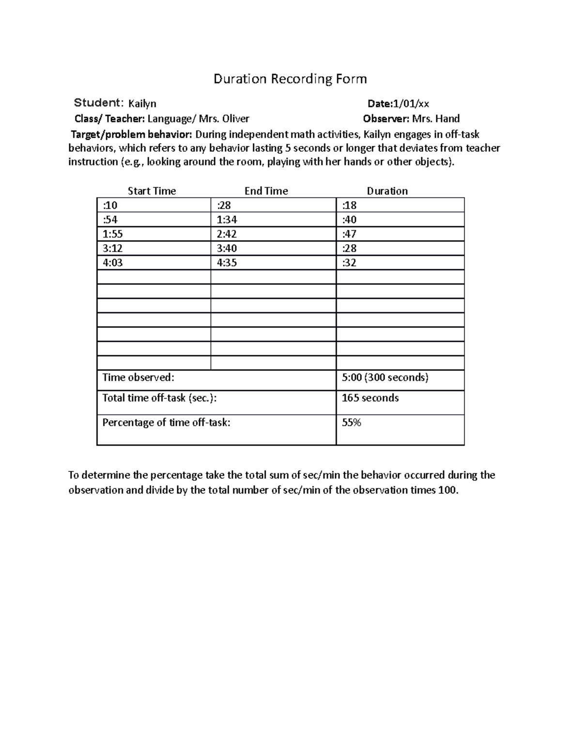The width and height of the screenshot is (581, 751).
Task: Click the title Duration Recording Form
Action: (290, 79)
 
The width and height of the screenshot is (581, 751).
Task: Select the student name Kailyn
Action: (142, 103)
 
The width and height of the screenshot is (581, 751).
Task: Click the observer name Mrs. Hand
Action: (435, 118)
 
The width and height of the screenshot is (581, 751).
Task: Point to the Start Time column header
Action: (152, 191)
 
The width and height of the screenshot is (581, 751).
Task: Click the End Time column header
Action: (266, 191)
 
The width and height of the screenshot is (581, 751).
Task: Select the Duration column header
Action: (387, 191)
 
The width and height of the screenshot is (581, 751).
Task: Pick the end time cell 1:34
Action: (227, 220)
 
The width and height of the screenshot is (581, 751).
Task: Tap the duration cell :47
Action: (349, 234)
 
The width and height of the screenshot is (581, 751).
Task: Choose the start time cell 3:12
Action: (112, 249)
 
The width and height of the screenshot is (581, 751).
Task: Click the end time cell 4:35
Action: (227, 263)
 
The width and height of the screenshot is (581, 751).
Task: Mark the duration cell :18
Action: (349, 205)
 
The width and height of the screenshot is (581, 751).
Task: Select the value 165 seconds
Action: (370, 398)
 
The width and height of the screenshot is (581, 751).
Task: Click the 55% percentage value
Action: (352, 422)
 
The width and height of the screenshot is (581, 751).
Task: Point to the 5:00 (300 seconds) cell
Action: (385, 378)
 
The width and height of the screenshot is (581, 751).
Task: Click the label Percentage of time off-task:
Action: (166, 422)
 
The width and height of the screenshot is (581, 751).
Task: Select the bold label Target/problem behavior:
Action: (132, 134)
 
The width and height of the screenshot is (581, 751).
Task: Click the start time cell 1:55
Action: (112, 234)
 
